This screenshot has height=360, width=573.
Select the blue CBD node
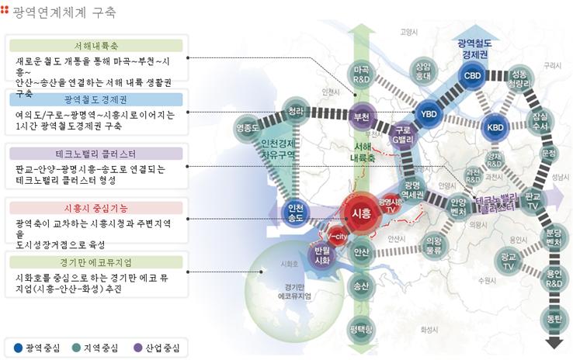coord(472,75)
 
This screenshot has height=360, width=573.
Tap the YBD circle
coord(429,114)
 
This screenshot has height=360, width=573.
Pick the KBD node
coord(495,126)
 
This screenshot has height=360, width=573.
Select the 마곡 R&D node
coord(361,74)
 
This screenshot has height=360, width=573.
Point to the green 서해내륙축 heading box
coord(96,45)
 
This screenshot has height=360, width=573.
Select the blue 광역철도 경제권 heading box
coord(96,99)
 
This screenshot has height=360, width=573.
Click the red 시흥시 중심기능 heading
coord(96,208)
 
